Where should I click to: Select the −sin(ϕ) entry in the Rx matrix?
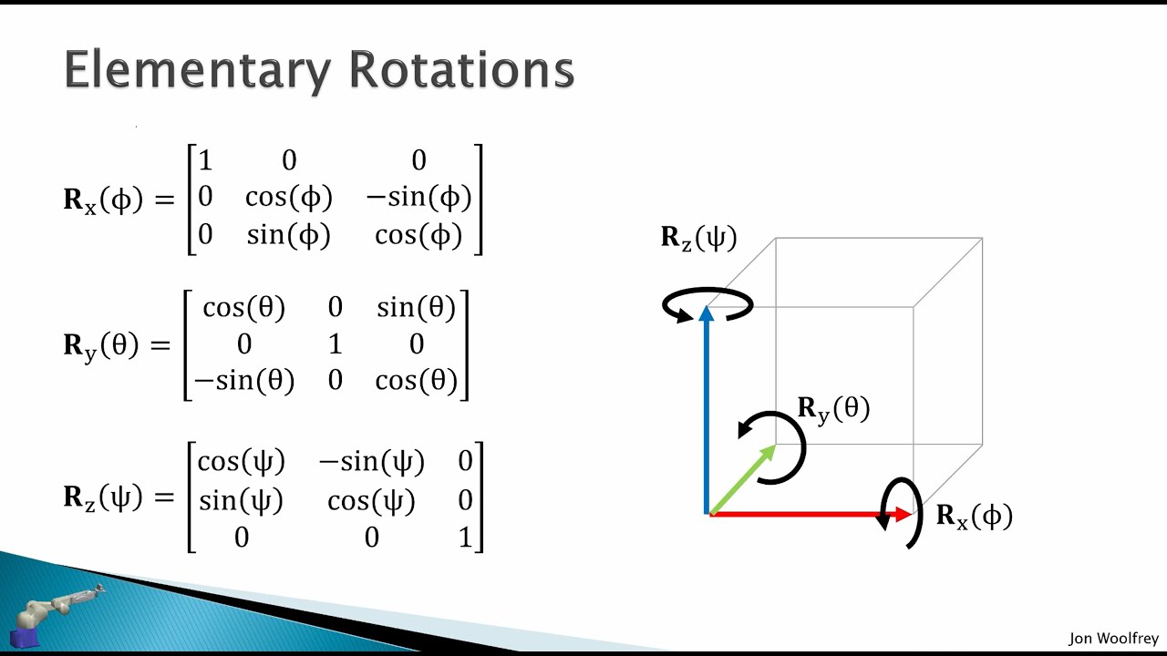point(418,198)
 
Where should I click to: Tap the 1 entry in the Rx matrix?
point(205,161)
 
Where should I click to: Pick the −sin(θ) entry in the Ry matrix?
point(243,381)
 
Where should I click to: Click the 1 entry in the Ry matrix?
point(335,344)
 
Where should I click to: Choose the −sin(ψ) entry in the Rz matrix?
point(371,462)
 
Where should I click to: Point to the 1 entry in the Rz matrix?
point(466,537)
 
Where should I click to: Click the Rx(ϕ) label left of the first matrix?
point(103,200)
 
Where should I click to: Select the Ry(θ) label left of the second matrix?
point(103,345)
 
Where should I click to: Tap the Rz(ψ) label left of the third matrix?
point(103,497)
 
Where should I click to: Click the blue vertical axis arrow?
point(707,410)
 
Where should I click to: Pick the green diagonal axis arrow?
point(743,479)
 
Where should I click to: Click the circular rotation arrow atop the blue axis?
point(708,305)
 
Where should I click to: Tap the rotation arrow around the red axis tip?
point(899,512)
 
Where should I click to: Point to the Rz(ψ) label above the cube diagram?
point(698,238)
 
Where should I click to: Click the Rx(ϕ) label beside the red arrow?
point(974,517)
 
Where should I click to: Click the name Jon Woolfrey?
point(1113,639)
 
